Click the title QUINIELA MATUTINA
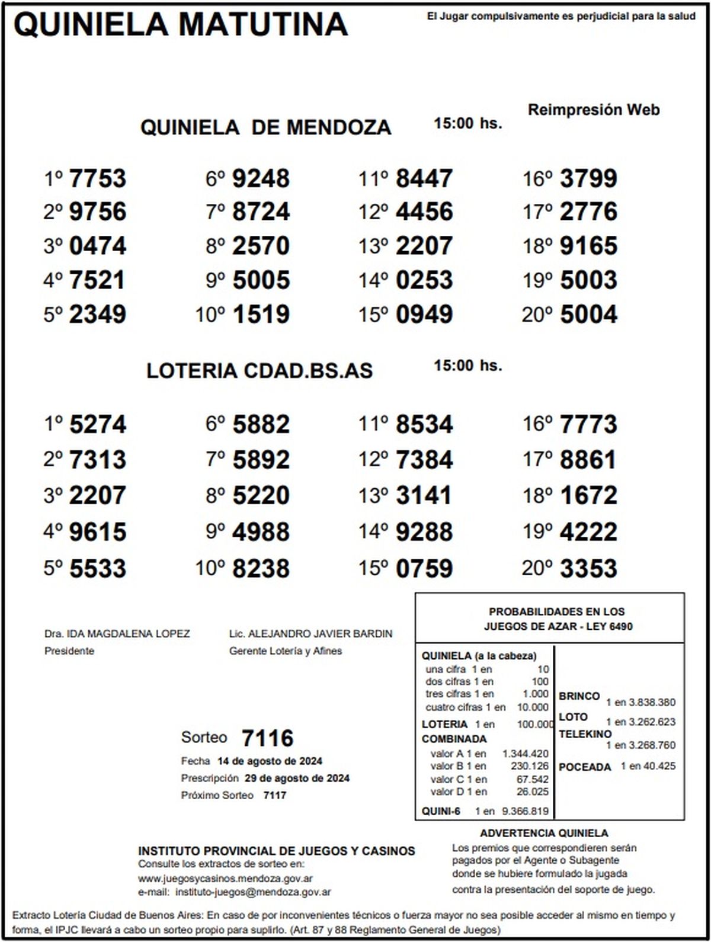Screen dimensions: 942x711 (181, 25)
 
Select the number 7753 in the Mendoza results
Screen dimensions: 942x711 (98, 178)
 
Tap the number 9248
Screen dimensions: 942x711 (261, 178)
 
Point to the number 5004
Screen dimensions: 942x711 (588, 314)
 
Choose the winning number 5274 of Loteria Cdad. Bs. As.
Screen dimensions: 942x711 (98, 424)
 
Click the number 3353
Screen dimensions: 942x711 (588, 568)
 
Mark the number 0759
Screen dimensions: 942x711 (424, 568)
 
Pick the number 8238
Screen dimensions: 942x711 (261, 568)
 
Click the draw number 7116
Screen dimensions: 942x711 (268, 738)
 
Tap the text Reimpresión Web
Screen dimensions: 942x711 (594, 110)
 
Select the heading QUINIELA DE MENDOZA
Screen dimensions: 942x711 (265, 127)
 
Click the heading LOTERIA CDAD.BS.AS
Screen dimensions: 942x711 (260, 371)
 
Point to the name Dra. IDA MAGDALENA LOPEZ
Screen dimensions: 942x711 (117, 633)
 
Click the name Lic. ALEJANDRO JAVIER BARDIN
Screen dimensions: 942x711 (310, 633)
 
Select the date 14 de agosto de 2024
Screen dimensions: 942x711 (270, 761)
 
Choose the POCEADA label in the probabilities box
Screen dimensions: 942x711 (584, 767)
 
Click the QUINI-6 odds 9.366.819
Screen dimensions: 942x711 (525, 811)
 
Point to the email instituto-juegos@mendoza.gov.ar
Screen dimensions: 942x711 (254, 892)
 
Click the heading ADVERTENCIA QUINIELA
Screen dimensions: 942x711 (544, 833)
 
